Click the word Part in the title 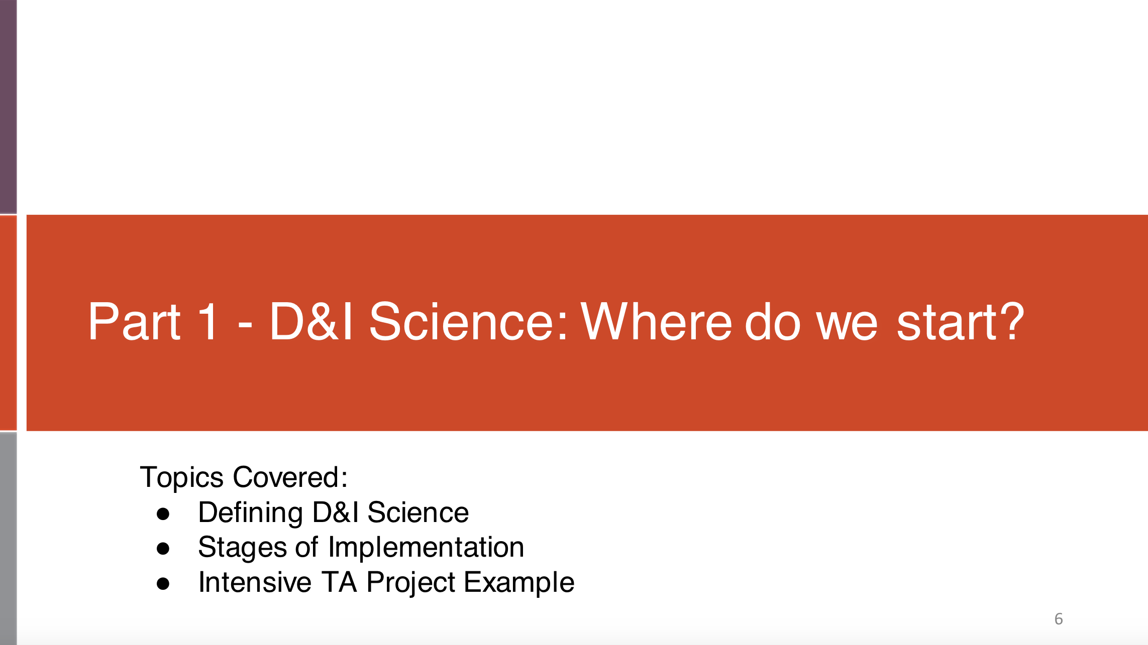[x=134, y=322]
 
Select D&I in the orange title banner [x=311, y=322]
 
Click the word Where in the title [x=656, y=322]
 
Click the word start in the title [x=947, y=322]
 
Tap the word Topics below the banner [x=182, y=477]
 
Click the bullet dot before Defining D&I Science [x=163, y=513]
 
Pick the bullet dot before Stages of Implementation [x=163, y=548]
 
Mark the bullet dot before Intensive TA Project [x=163, y=583]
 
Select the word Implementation [x=426, y=547]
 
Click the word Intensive [x=255, y=582]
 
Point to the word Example [x=519, y=582]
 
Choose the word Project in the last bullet [x=411, y=582]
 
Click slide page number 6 [x=1059, y=619]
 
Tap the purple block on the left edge [x=8, y=106]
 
